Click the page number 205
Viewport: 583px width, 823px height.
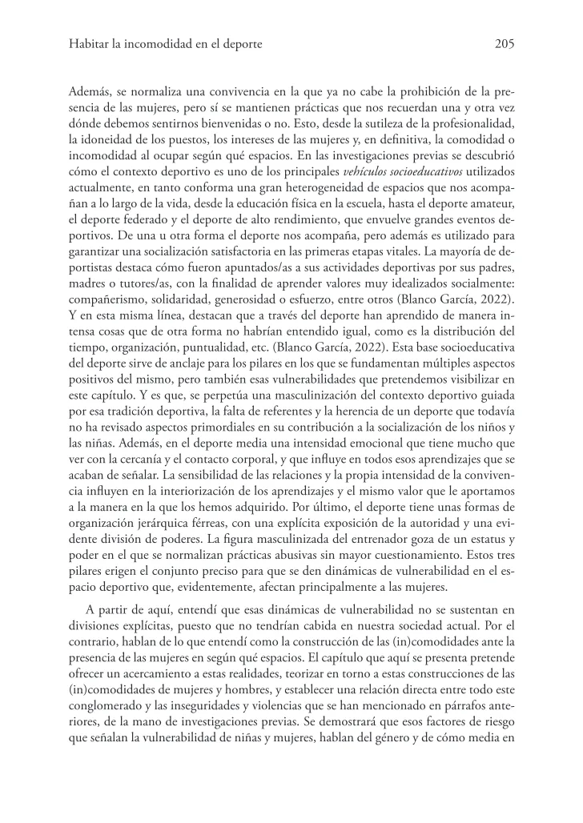click(505, 45)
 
